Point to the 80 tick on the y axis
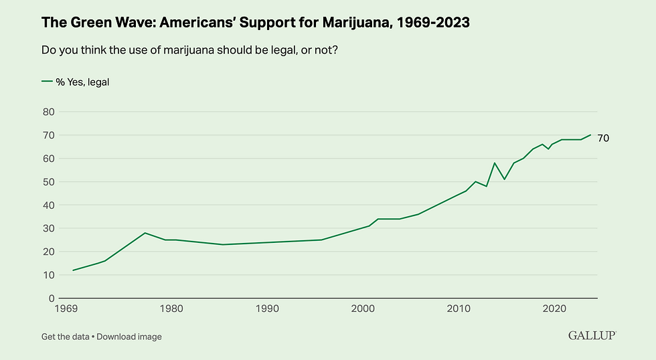coord(48,112)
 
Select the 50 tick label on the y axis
coord(48,182)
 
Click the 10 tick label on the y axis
coord(48,275)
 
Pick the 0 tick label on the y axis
coord(51,298)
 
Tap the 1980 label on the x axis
coord(171,309)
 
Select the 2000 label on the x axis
coord(363,309)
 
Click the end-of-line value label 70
coord(603,138)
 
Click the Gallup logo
coord(592,335)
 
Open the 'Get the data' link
coord(65,337)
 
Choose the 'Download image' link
coord(129,337)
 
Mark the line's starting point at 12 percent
coord(73,270)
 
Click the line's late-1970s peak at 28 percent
coord(145,233)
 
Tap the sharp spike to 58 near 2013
coord(494,163)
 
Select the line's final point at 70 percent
coord(590,135)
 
